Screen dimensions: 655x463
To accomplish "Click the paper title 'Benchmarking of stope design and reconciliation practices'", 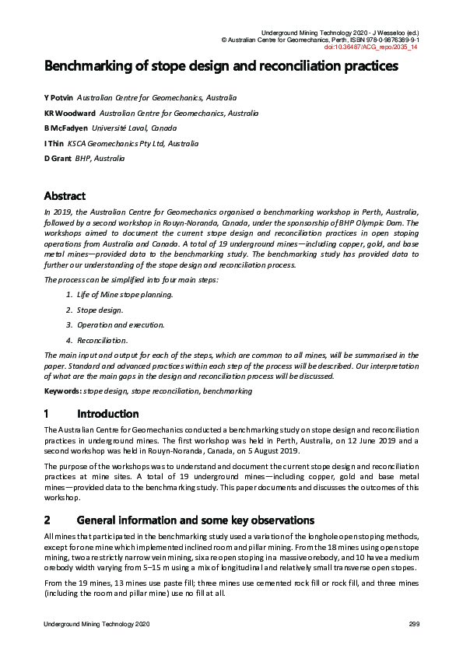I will [221, 66].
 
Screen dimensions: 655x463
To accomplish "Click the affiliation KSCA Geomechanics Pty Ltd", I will [132, 143].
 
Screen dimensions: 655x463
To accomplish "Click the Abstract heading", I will [65, 196].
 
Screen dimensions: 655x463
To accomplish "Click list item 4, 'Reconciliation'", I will [103, 340].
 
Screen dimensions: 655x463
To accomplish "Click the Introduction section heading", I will [108, 414].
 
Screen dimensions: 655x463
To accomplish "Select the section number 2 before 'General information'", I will [47, 520].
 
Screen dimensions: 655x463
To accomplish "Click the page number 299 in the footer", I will [414, 625].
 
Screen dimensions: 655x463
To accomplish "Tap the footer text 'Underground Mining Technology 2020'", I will [96, 625].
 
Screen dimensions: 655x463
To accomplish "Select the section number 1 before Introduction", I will [47, 414].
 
